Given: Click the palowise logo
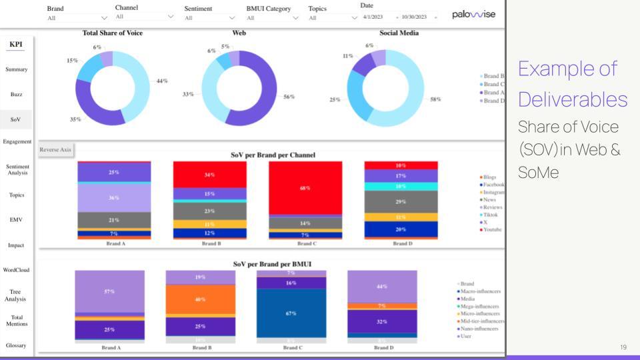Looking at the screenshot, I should coord(473,15).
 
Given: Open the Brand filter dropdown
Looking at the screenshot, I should coord(77,18).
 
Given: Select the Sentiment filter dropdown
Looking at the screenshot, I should coord(212,18).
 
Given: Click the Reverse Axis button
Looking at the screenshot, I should coord(55,150).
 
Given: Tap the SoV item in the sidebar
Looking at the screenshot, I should coord(16,120).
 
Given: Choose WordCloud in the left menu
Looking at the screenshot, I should coord(16,270).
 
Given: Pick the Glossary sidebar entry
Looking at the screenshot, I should coord(16,345).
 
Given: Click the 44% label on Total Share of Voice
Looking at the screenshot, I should coord(162,81).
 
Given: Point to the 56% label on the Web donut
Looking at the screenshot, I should coord(289,97).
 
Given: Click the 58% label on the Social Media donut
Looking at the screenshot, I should coord(435,99).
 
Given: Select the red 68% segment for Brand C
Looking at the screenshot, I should coord(305,187).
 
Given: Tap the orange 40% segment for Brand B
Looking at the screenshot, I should coord(201,299).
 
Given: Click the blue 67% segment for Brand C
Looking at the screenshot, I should coord(291,313).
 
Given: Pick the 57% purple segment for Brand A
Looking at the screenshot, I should coord(109,291).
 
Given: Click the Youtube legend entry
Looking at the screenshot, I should coord(492,230).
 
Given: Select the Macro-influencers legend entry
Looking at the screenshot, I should coord(481,291).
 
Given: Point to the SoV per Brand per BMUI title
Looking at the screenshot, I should coord(271,264).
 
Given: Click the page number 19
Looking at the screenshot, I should coord(623,347).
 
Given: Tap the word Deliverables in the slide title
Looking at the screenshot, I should coord(572,99).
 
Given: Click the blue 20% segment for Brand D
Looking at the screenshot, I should coord(401,229).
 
